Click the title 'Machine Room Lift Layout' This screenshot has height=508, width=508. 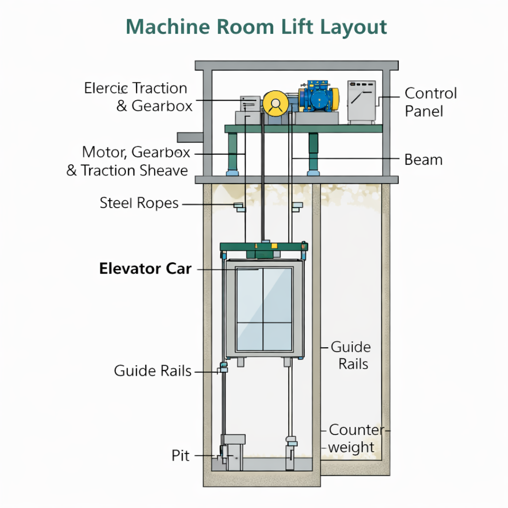point(256,27)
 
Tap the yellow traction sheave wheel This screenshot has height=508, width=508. point(276,103)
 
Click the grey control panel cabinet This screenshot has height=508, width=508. point(361,101)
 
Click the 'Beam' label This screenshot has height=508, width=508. point(423,160)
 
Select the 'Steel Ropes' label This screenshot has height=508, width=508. point(139,203)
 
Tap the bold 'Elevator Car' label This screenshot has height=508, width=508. point(145,269)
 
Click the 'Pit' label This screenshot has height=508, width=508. point(181,455)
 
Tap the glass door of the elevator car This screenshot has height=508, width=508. point(264,309)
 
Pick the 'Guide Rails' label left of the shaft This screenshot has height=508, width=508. point(152,371)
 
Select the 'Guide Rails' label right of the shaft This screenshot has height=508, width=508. point(351,355)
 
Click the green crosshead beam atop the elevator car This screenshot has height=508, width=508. point(263,247)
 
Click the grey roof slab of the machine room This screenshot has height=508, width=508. point(296,65)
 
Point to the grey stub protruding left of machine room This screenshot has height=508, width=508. point(189,137)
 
